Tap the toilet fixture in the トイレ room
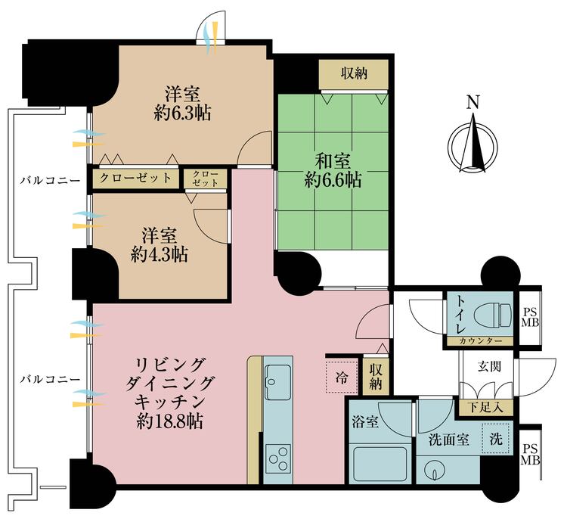(492, 316)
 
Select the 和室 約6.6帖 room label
(333, 170)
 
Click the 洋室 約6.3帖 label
(183, 104)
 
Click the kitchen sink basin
(277, 376)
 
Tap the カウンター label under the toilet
(480, 342)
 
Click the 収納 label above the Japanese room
(353, 73)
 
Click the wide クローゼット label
(136, 179)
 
